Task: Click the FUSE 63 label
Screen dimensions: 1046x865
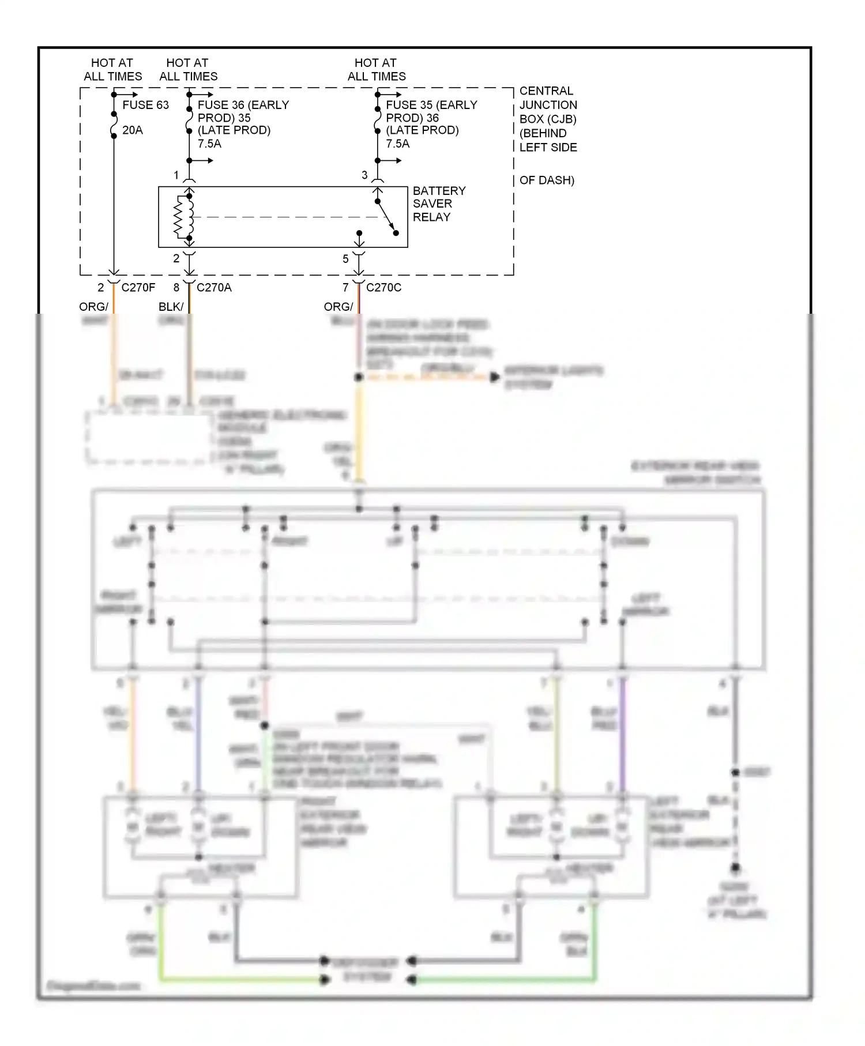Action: (145, 105)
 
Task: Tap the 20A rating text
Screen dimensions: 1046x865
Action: (133, 130)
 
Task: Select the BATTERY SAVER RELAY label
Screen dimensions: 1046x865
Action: (439, 204)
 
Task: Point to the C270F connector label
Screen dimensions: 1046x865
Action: (138, 287)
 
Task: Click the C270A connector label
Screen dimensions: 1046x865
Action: (214, 287)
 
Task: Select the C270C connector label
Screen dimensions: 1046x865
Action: (383, 287)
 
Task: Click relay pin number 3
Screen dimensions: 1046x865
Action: (364, 175)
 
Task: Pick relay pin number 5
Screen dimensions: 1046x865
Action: (345, 259)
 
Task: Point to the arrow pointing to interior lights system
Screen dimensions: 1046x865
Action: (494, 378)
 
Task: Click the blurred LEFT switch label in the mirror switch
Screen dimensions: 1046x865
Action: (127, 542)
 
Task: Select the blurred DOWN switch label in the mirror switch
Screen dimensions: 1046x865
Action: (630, 542)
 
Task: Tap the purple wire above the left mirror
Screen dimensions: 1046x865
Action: (622, 732)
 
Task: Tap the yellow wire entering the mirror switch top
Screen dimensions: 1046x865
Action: (359, 432)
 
